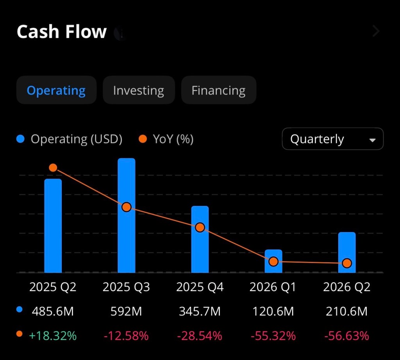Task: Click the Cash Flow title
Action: tap(62, 32)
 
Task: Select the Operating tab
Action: tap(56, 90)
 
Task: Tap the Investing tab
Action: tap(138, 90)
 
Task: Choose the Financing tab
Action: tap(218, 90)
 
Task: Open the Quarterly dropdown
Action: tap(332, 139)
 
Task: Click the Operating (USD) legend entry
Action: tap(70, 139)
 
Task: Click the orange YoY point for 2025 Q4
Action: tap(200, 227)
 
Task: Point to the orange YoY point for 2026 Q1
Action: tap(273, 261)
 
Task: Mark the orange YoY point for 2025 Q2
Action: tap(53, 168)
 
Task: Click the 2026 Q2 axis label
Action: tap(346, 287)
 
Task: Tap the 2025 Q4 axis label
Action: tap(200, 287)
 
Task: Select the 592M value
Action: tap(127, 312)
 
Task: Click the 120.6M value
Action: tap(273, 312)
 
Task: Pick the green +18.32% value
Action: tap(53, 336)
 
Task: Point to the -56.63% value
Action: tap(346, 336)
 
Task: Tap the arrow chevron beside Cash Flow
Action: tap(376, 31)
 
